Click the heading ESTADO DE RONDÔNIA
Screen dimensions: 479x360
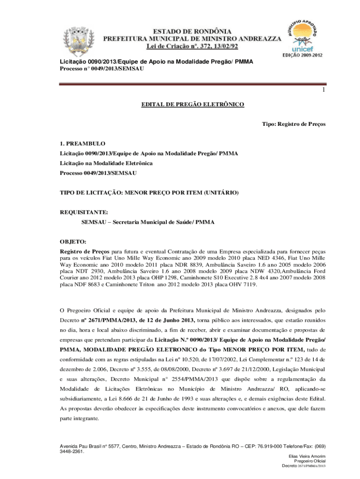click(x=193, y=30)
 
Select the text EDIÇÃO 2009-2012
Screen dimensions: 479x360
click(x=302, y=55)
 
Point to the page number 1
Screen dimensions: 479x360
click(x=323, y=90)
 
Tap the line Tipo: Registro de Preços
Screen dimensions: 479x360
click(x=294, y=124)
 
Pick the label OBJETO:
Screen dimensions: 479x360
click(x=73, y=242)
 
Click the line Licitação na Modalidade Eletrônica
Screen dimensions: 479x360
click(x=106, y=163)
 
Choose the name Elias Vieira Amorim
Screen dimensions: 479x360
click(x=308, y=456)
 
